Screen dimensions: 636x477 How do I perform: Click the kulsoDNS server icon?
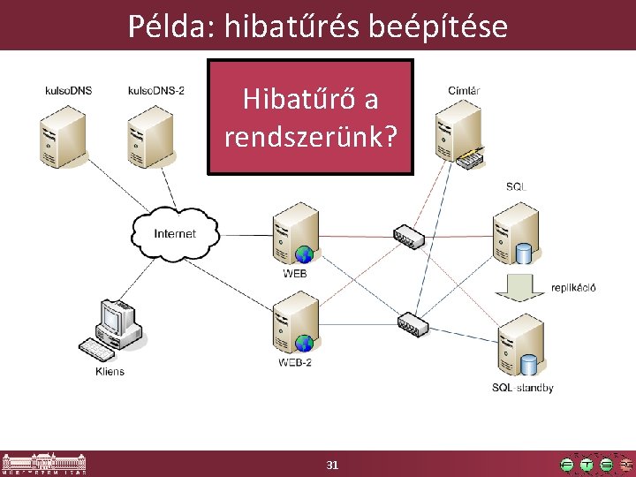61,133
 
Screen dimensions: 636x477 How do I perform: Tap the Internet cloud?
174,233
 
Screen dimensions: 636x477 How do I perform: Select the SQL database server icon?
517,233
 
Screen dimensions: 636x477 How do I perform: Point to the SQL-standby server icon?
519,348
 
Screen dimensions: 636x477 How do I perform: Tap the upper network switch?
408,235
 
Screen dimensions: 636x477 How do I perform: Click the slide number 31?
332,465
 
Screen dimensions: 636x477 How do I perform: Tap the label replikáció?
573,288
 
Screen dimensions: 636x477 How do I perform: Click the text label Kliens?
110,371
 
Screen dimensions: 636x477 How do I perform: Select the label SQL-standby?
523,388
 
